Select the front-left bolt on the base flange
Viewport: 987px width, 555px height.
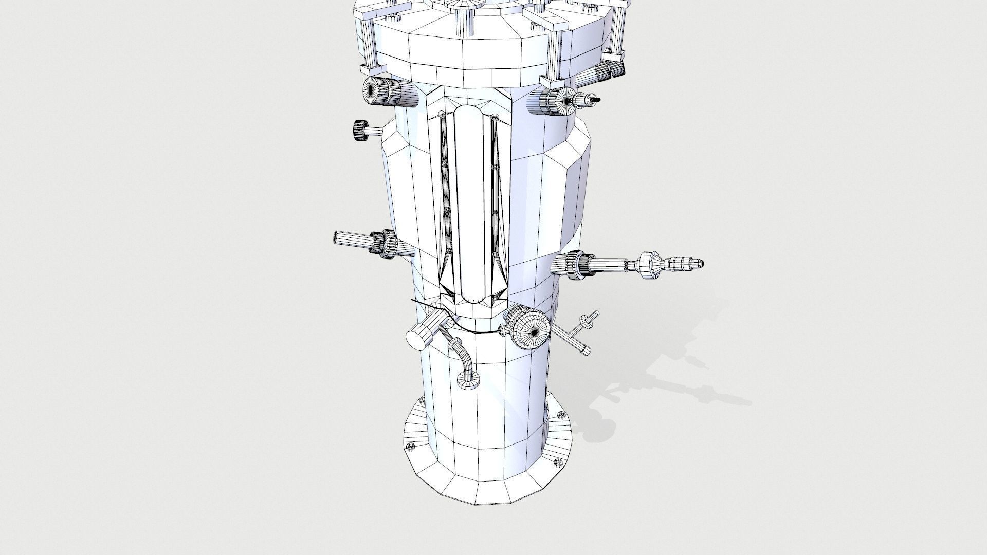point(410,447)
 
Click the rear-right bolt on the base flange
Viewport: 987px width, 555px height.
point(561,414)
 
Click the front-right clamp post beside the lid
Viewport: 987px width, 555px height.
point(554,57)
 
